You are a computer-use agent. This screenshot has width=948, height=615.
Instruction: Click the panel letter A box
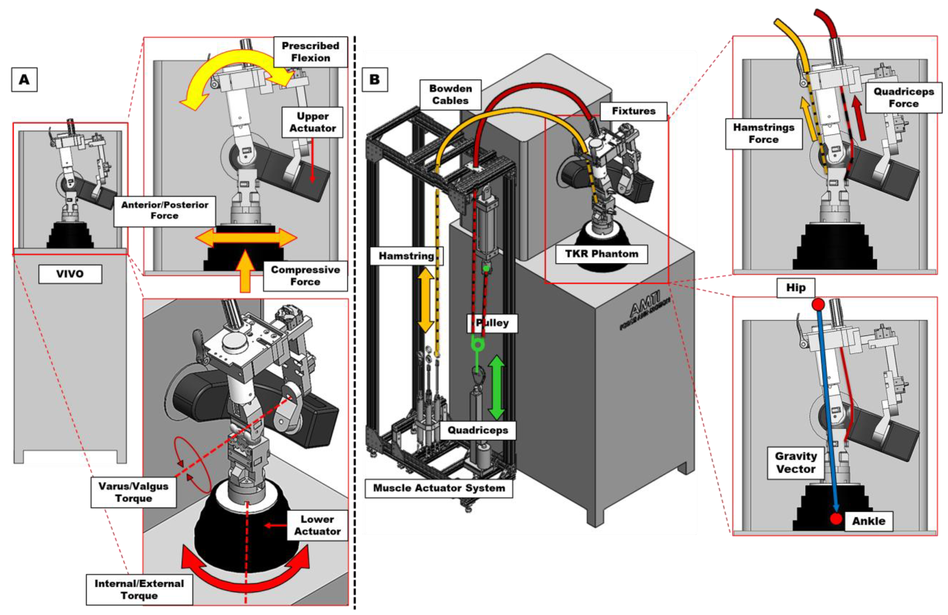pyautogui.click(x=24, y=80)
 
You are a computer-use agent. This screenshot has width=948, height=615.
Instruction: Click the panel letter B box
pyautogui.click(x=375, y=80)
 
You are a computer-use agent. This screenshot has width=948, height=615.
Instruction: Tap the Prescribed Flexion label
pyautogui.click(x=310, y=52)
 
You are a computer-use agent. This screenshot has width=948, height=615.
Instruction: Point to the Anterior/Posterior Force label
pyautogui.click(x=164, y=210)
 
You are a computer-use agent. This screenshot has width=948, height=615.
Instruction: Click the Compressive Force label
pyautogui.click(x=305, y=276)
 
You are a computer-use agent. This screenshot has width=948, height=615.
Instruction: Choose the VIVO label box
pyautogui.click(x=70, y=274)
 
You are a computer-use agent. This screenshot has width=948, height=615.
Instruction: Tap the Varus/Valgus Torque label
pyautogui.click(x=134, y=492)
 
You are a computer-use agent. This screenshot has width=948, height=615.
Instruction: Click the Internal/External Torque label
pyautogui.click(x=139, y=590)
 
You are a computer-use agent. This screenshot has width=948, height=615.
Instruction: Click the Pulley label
pyautogui.click(x=492, y=323)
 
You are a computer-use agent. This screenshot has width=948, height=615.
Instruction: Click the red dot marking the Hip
pyautogui.click(x=818, y=305)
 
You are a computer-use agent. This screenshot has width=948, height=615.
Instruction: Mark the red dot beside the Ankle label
pyautogui.click(x=836, y=519)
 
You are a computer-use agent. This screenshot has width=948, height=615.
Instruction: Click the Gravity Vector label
pyautogui.click(x=796, y=462)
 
